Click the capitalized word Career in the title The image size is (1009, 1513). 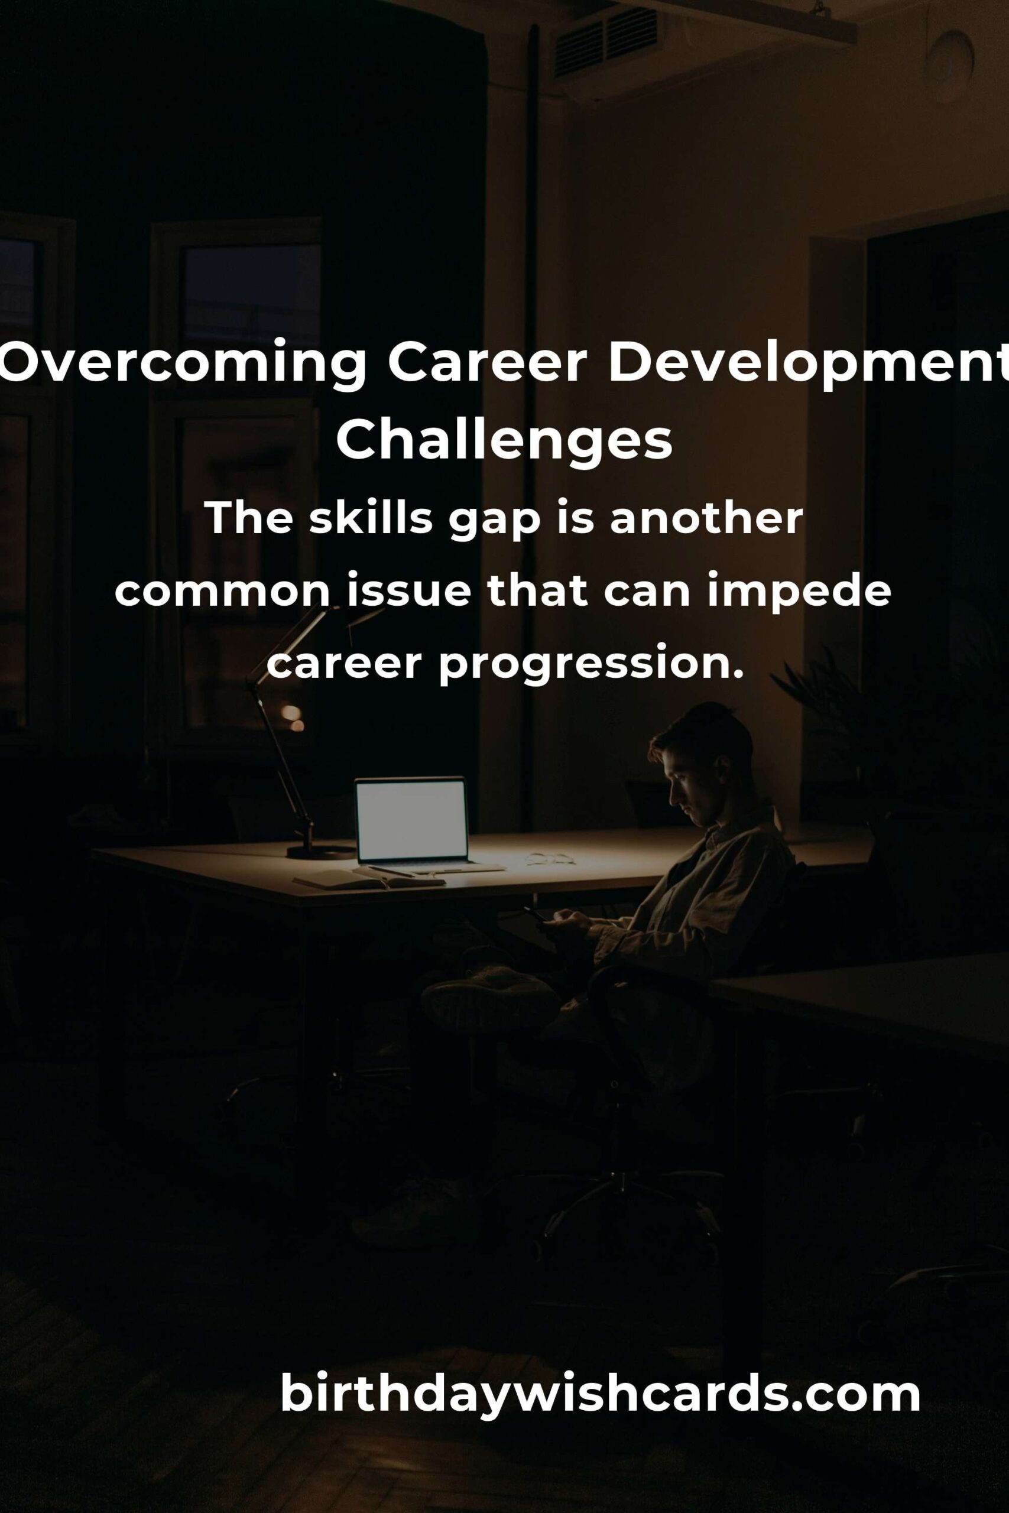click(x=487, y=363)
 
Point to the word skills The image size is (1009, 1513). click(x=371, y=518)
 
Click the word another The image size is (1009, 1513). click(x=706, y=518)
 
